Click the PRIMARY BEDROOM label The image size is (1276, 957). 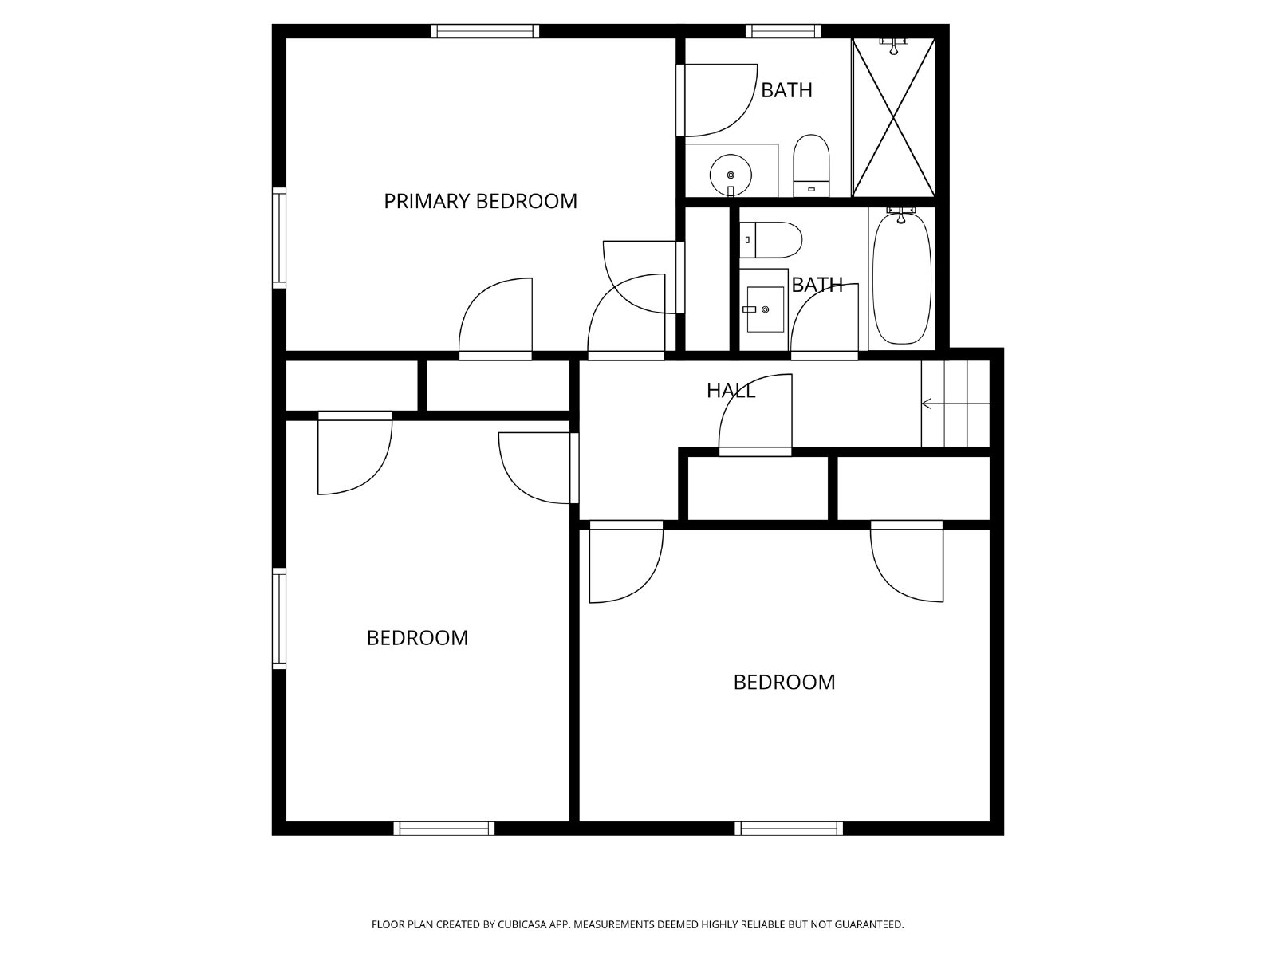coord(480,201)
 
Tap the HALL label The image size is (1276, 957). coord(731,391)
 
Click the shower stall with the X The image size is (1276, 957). coord(893,117)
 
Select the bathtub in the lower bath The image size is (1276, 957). coord(902,278)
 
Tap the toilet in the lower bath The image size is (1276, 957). coord(772,240)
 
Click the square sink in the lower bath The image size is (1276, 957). coord(764,309)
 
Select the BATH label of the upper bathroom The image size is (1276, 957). coord(786,90)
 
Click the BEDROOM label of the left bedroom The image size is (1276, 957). coord(417,638)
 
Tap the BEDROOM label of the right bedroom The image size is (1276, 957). coord(784,683)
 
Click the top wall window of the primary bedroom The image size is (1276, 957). coord(485,31)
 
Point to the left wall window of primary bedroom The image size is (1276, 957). coord(278,238)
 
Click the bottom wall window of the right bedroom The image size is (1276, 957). coord(788,829)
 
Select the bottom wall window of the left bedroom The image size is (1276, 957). coord(445,829)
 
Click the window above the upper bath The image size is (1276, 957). coord(783,31)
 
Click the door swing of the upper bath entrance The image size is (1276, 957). coord(718,100)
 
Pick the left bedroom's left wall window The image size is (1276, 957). coord(278,618)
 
